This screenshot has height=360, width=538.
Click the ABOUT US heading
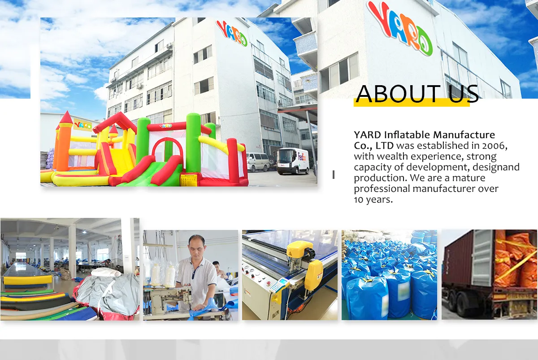[x=417, y=94]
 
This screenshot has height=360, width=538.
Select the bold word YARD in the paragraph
[x=368, y=135]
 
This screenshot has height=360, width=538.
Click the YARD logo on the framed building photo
[x=232, y=33]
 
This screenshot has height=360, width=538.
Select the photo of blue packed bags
[x=389, y=275]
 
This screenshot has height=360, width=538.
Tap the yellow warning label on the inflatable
[x=189, y=180]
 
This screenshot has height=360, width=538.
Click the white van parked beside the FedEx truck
[x=258, y=162]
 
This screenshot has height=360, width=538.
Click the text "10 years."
[x=373, y=200]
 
